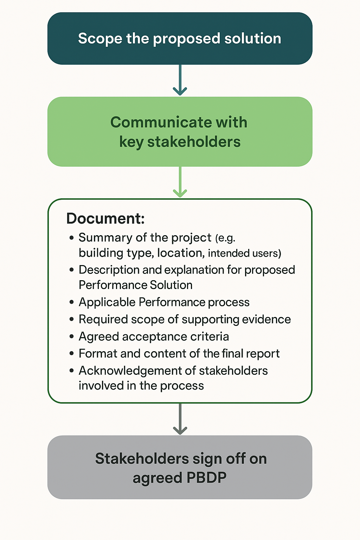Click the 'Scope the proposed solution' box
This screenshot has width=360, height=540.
(180, 39)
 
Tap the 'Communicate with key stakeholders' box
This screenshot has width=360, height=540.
(180, 131)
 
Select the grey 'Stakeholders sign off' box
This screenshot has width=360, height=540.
(180, 467)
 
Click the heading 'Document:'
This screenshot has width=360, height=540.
(105, 219)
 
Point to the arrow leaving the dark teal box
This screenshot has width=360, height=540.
(180, 80)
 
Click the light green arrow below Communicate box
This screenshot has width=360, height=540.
(180, 182)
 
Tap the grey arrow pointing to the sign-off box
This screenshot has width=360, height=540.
(180, 419)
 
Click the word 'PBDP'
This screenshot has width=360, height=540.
(206, 478)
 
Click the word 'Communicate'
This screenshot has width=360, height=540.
(160, 122)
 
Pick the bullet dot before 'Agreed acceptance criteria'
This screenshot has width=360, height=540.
(72, 337)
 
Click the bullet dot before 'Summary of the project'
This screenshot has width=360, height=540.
(72, 238)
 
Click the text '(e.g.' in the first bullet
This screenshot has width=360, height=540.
(225, 238)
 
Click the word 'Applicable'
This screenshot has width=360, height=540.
(107, 302)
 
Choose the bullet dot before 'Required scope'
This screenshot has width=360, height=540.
(72, 320)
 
